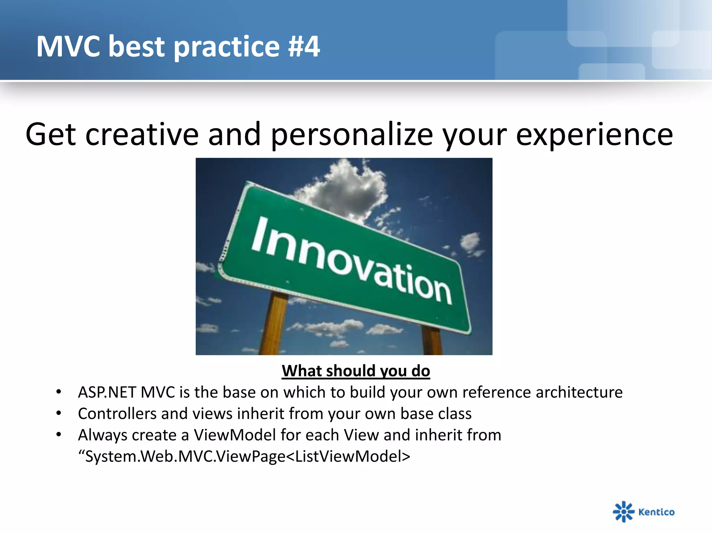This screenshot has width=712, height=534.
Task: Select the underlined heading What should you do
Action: (x=356, y=371)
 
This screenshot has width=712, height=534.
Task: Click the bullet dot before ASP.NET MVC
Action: (x=59, y=392)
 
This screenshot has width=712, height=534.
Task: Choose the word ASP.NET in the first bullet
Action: (x=107, y=392)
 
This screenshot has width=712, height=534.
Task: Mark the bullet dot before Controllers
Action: (x=59, y=414)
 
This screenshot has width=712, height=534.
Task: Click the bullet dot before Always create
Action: (x=59, y=435)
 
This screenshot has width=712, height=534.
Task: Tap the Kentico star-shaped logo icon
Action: (x=624, y=511)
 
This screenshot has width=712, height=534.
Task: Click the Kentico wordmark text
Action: (x=656, y=512)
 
